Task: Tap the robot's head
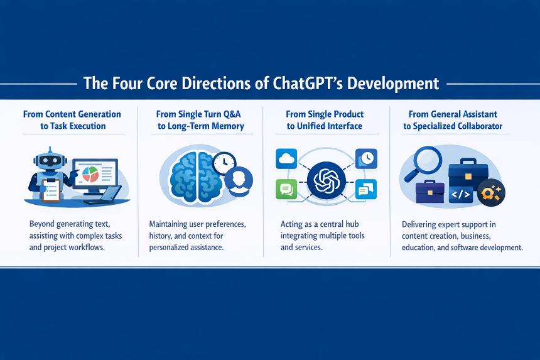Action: click(x=50, y=161)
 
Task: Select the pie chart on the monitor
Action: click(x=90, y=174)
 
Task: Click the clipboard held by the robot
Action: click(x=51, y=190)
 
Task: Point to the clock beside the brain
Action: click(x=224, y=163)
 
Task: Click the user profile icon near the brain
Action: click(x=239, y=181)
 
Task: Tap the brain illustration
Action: click(x=195, y=177)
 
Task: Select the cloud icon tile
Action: click(x=286, y=158)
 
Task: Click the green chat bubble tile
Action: click(x=286, y=189)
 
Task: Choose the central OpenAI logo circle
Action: click(x=326, y=180)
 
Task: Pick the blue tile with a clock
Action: click(x=366, y=159)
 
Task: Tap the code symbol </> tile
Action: click(x=461, y=195)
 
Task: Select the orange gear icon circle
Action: click(x=491, y=193)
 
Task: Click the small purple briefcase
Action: click(x=429, y=192)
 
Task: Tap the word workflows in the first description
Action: click(x=87, y=248)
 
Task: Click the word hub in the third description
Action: click(x=352, y=224)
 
